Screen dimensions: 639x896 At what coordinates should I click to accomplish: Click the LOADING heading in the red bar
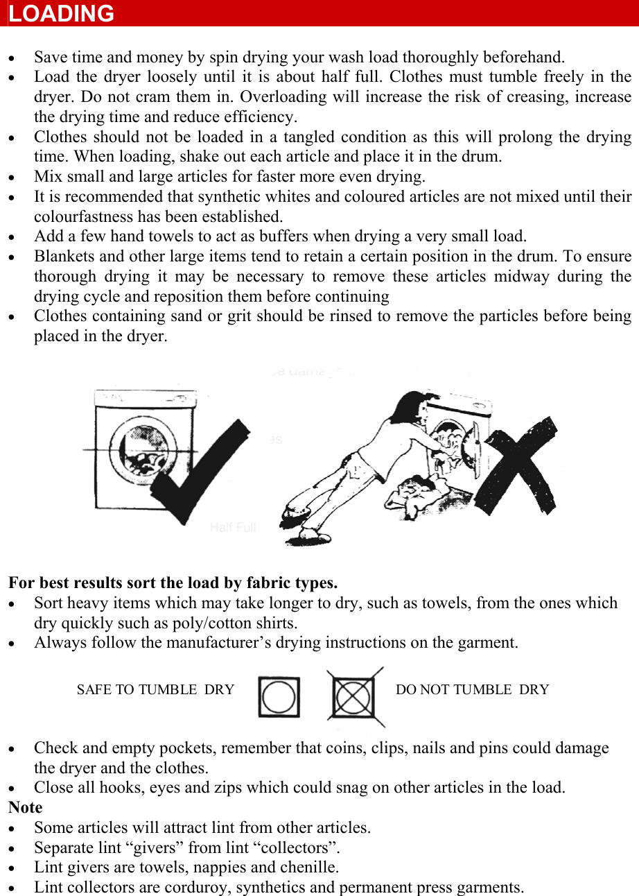click(62, 14)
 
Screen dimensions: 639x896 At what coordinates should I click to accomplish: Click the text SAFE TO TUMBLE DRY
click(155, 690)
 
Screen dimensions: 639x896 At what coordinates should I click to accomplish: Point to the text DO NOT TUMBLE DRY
click(472, 690)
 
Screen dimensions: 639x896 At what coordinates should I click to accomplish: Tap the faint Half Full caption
click(233, 528)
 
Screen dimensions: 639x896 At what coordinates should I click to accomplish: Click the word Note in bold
click(26, 808)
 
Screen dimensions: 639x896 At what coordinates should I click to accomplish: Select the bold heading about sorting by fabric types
click(173, 583)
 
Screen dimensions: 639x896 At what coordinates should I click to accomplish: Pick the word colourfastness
click(85, 216)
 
